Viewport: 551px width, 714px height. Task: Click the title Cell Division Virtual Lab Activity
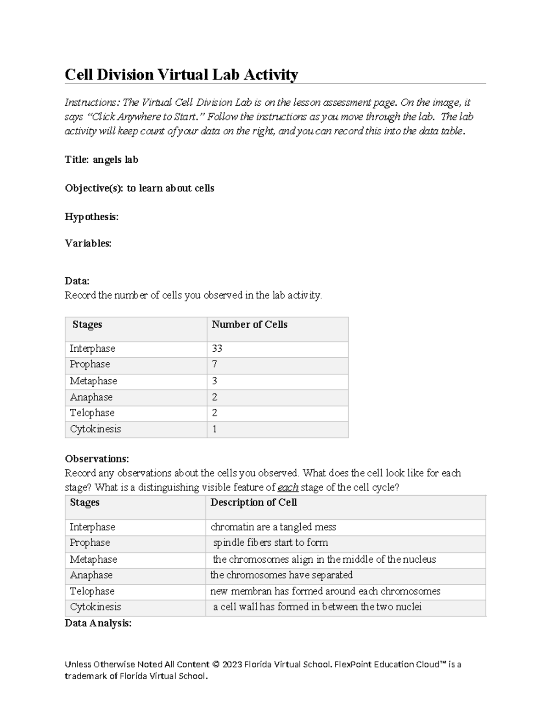pos(181,74)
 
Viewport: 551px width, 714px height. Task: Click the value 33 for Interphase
pos(217,348)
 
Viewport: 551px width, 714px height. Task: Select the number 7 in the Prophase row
pos(214,365)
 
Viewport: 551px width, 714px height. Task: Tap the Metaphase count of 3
pos(214,381)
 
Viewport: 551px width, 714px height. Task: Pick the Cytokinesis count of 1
pos(214,429)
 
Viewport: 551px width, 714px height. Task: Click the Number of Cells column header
pos(249,325)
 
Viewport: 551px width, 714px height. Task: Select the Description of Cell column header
pos(253,503)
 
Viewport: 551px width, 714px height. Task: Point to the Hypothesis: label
pos(92,217)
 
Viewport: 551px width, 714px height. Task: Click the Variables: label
pos(88,243)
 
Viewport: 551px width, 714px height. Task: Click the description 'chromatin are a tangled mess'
pos(273,527)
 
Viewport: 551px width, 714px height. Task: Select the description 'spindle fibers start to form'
pos(270,543)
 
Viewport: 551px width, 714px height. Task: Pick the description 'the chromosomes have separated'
pos(281,575)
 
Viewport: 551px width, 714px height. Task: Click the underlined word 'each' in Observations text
pos(288,487)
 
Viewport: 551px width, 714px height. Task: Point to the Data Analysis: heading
pos(98,623)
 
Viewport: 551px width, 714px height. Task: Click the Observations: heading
pos(97,459)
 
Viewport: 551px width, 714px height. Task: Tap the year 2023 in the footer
pos(232,664)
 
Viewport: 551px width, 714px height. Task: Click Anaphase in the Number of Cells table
pos(91,397)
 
